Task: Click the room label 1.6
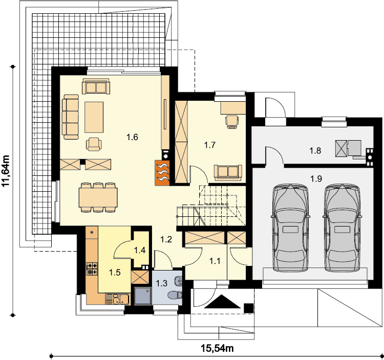coord(132,137)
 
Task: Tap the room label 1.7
coord(210,145)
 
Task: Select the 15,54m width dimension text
coord(217,348)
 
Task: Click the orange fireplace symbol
coord(162,172)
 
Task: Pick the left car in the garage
coord(290,228)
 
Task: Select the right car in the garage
coord(342,228)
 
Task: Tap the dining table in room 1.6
coord(98,197)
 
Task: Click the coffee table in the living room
coord(94,118)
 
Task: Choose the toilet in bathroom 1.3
coord(175,295)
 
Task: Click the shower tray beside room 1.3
coord(143,296)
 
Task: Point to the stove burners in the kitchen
coord(92,268)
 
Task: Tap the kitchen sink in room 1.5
coord(117,299)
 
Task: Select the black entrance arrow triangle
coord(222,302)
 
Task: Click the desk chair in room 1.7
coord(231,122)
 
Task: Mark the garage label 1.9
coord(316,179)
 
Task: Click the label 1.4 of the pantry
coord(140,250)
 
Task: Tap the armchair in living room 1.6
coord(94,144)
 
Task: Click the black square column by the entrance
coord(248,308)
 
